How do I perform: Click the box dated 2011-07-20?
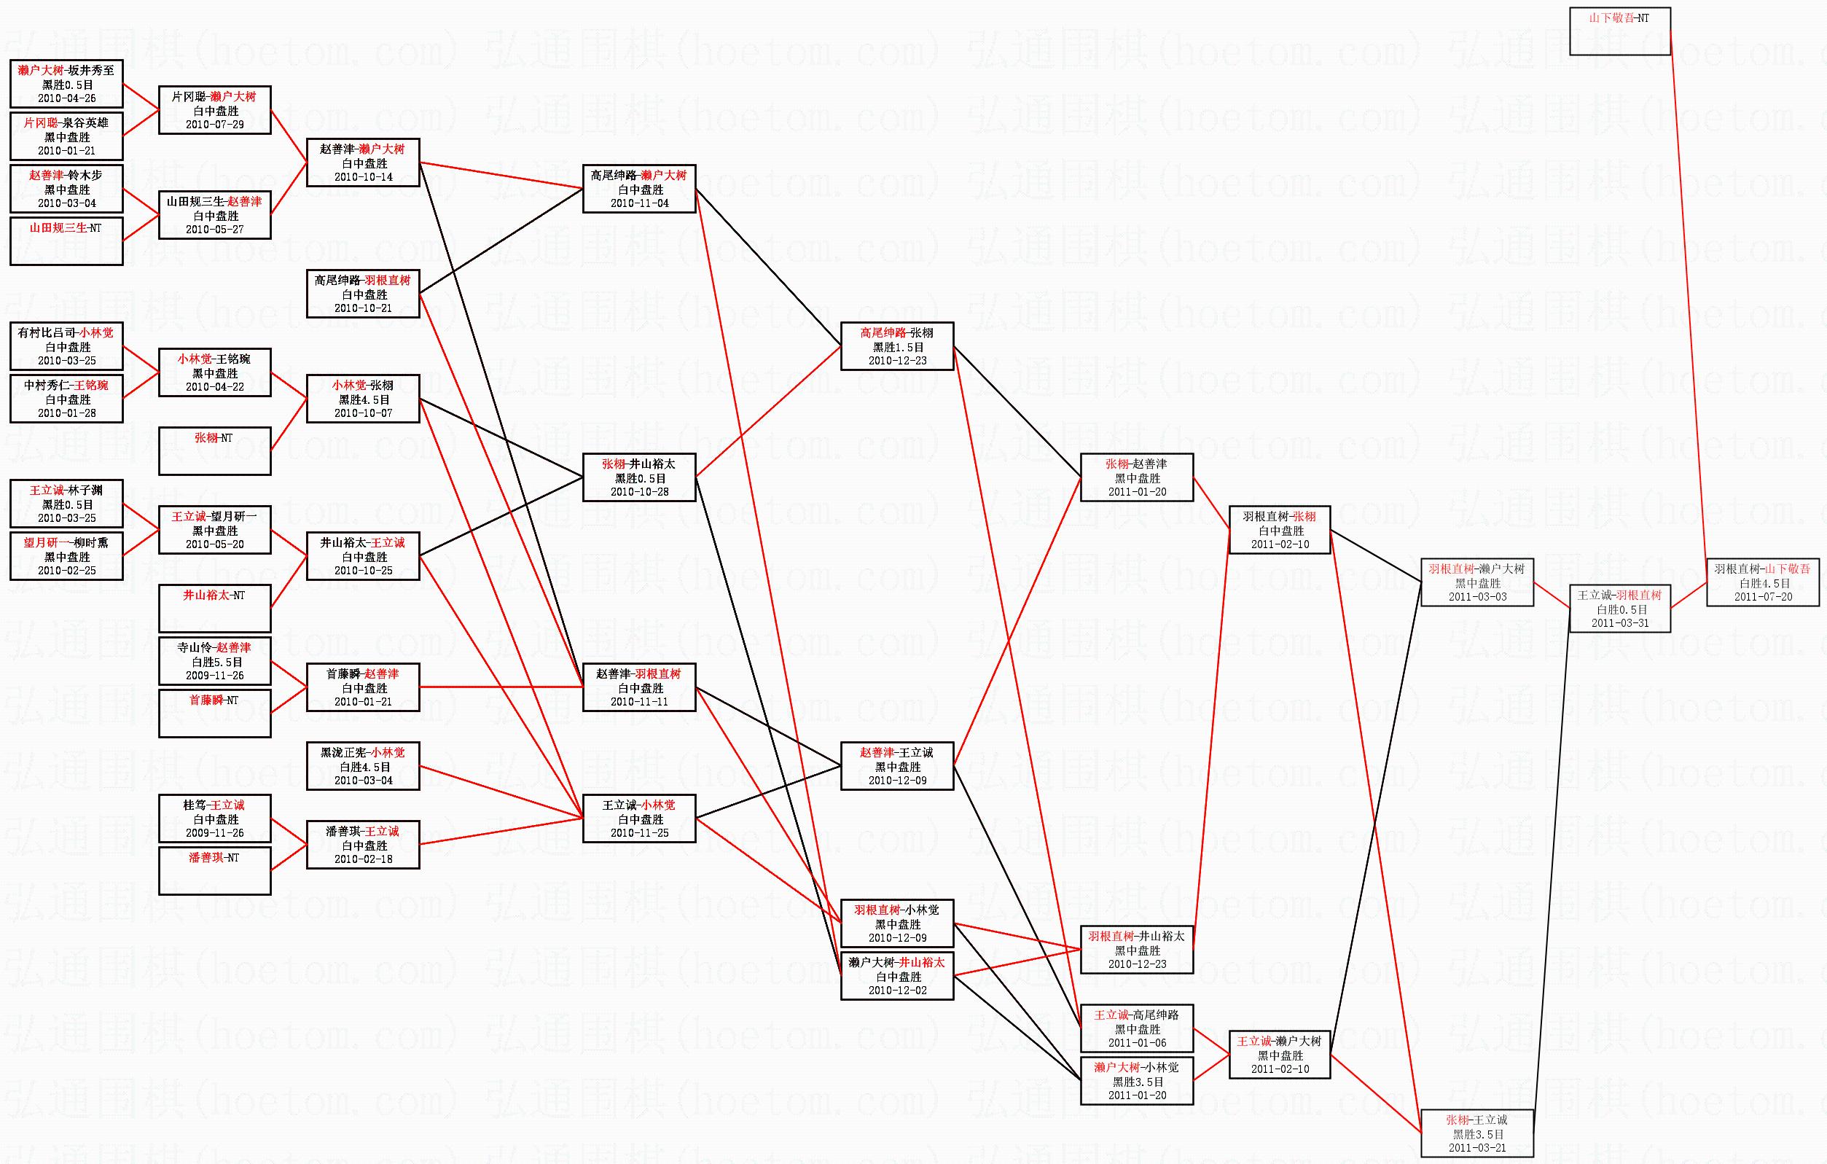1763,583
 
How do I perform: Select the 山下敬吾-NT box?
1620,31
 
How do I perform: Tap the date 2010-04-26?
67,98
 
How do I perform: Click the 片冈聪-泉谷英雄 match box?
67,136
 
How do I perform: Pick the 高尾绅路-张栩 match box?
897,346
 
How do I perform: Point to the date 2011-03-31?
1620,623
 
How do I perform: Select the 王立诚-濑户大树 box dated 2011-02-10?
1279,1054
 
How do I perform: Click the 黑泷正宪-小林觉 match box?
363,765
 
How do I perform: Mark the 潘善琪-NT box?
215,870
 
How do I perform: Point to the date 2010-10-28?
640,492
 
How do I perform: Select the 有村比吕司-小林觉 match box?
67,346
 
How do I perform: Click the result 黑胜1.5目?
898,347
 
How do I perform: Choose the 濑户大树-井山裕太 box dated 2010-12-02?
897,976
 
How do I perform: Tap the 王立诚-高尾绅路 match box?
1137,1028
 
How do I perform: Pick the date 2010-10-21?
364,308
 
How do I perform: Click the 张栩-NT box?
215,450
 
